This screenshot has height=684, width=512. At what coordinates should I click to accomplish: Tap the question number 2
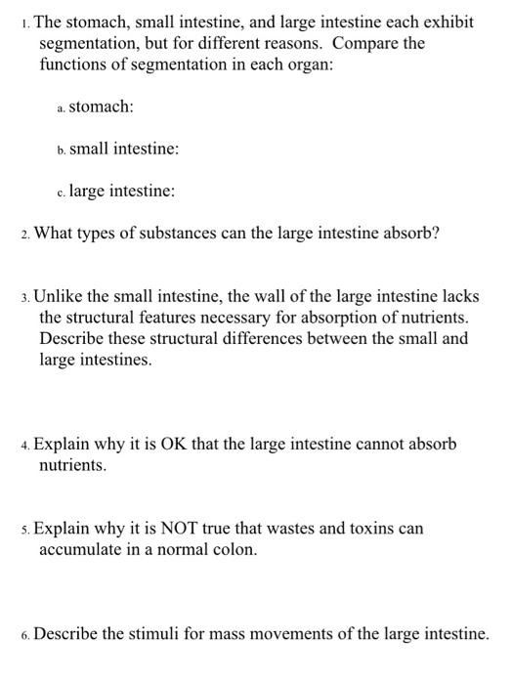(x=24, y=235)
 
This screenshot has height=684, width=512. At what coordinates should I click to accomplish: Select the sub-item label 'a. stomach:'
(x=95, y=107)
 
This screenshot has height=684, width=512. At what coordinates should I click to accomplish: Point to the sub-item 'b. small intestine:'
(x=117, y=149)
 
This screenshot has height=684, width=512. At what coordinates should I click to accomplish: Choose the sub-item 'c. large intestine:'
(x=115, y=192)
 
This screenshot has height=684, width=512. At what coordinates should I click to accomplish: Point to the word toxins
(x=367, y=529)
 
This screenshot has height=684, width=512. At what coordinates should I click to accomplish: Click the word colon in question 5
(x=235, y=549)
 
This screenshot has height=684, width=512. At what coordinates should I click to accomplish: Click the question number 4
(x=24, y=446)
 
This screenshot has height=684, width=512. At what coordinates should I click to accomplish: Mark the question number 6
(x=24, y=635)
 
